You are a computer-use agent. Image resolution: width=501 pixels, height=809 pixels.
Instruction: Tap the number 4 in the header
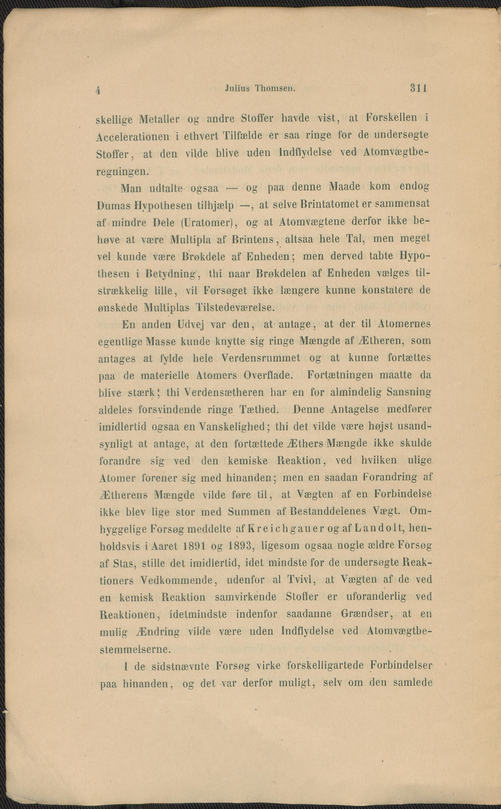pos(98,90)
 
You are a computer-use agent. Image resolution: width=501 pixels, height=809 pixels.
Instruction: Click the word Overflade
pos(268,376)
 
